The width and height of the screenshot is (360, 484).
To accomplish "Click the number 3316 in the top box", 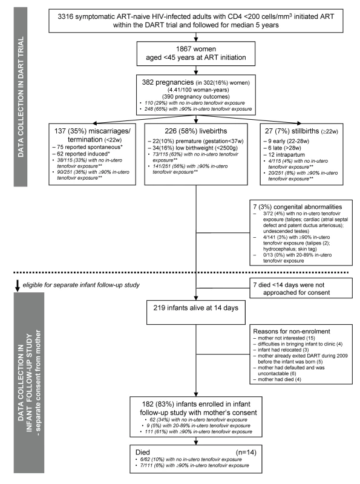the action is pyautogui.click(x=65, y=16).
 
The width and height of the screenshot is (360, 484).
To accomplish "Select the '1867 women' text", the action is pyautogui.click(x=196, y=49).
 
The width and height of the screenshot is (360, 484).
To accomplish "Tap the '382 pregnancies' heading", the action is pyautogui.click(x=168, y=82).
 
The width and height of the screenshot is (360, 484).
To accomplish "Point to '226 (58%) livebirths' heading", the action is pyautogui.click(x=196, y=131).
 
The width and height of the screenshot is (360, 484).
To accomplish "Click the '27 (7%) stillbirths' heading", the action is pyautogui.click(x=292, y=131).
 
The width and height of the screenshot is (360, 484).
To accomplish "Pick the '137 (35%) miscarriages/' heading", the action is pyautogui.click(x=93, y=131).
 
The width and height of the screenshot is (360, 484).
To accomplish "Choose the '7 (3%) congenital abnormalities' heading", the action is pyautogui.click(x=298, y=207).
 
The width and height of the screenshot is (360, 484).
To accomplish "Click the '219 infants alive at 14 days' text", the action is pyautogui.click(x=196, y=308).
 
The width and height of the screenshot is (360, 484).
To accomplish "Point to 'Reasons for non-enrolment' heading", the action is pyautogui.click(x=292, y=331).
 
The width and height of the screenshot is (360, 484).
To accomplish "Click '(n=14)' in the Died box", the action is pyautogui.click(x=246, y=453).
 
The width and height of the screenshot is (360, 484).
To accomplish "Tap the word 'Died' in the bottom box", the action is pyautogui.click(x=143, y=453).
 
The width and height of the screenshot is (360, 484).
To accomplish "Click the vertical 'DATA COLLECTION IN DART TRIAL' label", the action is pyautogui.click(x=21, y=97).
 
